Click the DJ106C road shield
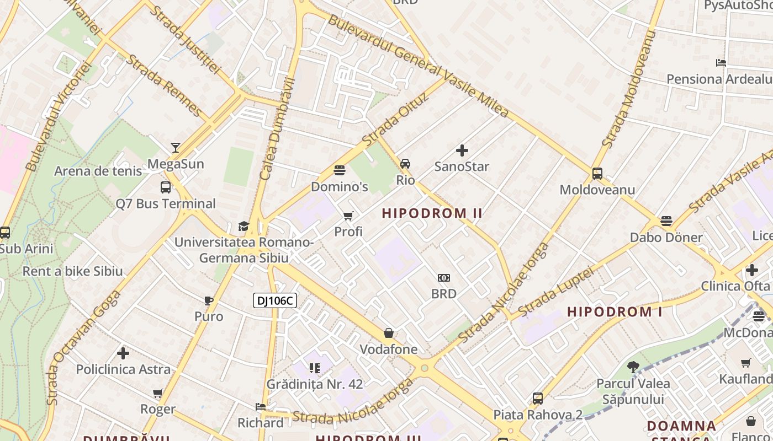[275, 300]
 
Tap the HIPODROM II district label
[432, 213]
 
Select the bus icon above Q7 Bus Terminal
[165, 187]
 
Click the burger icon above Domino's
[339, 170]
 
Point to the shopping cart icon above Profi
[348, 216]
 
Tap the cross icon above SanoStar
[462, 150]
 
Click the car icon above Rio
[405, 164]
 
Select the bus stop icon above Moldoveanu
[597, 174]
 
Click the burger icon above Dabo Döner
[666, 222]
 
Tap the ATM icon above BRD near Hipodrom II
[443, 278]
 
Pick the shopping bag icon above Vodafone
[389, 333]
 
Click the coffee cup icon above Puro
[208, 300]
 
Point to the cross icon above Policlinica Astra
[123, 353]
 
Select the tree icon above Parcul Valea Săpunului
[633, 367]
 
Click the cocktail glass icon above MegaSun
[175, 148]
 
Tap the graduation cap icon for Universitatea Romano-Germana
[243, 226]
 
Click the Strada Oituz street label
[395, 120]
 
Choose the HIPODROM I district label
[615, 311]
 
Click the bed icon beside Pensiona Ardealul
[721, 63]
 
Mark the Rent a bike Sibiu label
[72, 271]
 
